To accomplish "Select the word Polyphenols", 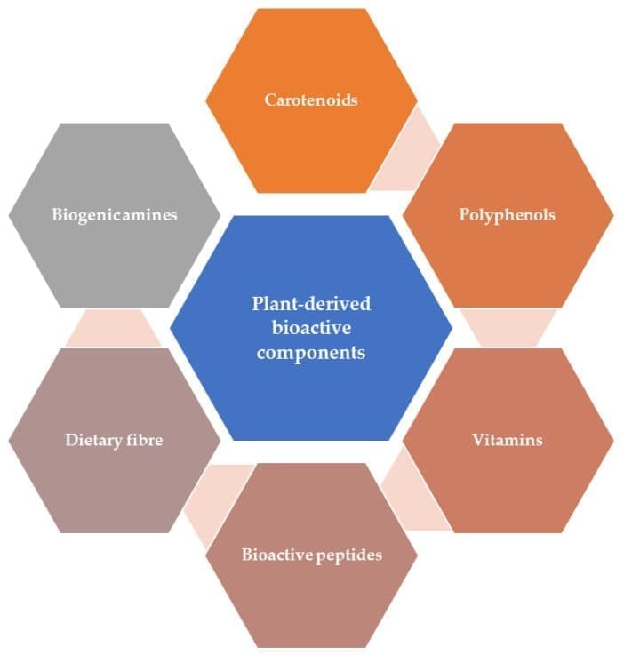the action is click(x=507, y=215).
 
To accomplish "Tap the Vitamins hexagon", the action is click(x=508, y=440).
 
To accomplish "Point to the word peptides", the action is click(x=349, y=555).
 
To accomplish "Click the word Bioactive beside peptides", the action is click(x=277, y=555).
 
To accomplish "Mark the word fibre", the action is click(x=146, y=440).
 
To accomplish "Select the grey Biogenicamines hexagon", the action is click(x=115, y=215).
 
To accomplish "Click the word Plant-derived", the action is click(x=311, y=304).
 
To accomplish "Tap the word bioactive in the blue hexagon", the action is click(x=311, y=327).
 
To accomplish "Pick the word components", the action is click(x=311, y=353).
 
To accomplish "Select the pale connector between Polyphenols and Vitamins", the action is click(x=508, y=328).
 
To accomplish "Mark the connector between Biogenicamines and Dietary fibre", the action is click(x=114, y=328).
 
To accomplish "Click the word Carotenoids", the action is click(x=311, y=100).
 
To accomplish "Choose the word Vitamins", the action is click(x=508, y=440).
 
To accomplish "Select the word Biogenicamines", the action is click(x=115, y=215).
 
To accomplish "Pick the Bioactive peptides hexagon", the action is click(x=312, y=555).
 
